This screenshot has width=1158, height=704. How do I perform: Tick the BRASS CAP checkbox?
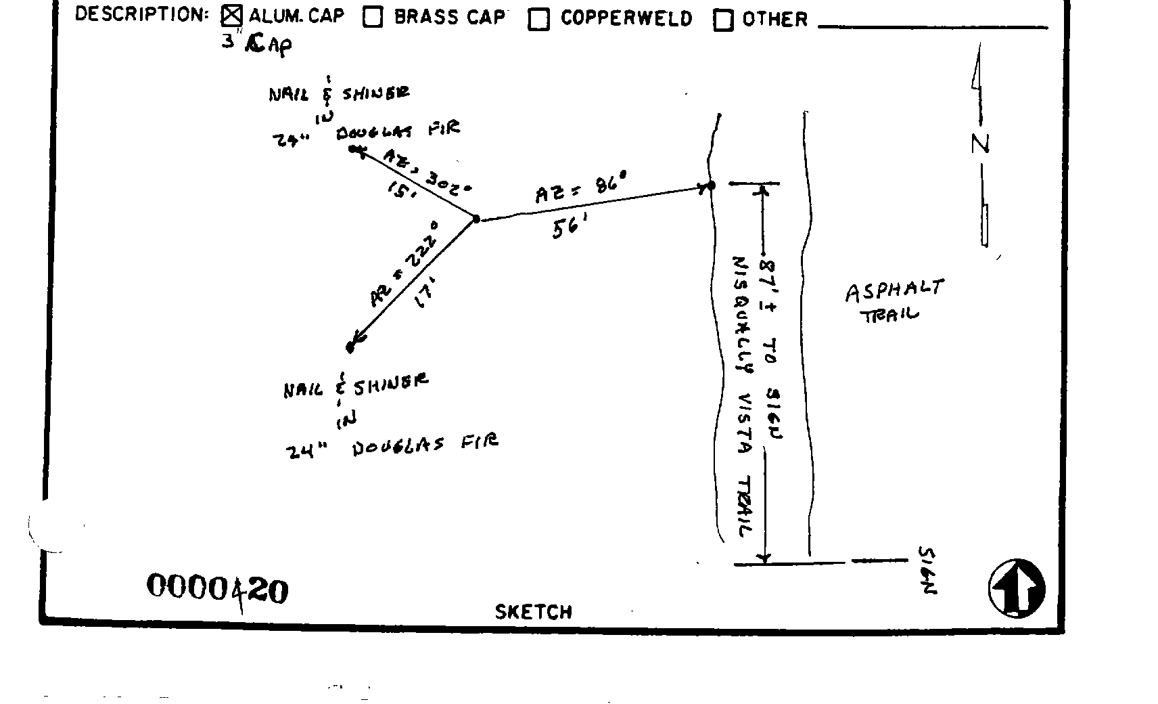373,18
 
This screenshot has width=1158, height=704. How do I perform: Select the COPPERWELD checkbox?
539,20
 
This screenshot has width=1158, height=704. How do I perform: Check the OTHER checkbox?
723,21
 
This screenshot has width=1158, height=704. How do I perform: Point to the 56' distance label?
568,229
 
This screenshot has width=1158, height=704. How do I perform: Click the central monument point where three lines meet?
476,219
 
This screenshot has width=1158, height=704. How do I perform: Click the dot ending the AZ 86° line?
711,185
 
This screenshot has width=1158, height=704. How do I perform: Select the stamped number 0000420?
217,588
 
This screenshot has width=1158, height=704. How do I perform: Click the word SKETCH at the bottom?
534,612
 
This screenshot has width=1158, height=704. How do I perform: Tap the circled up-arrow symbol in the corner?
1017,588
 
